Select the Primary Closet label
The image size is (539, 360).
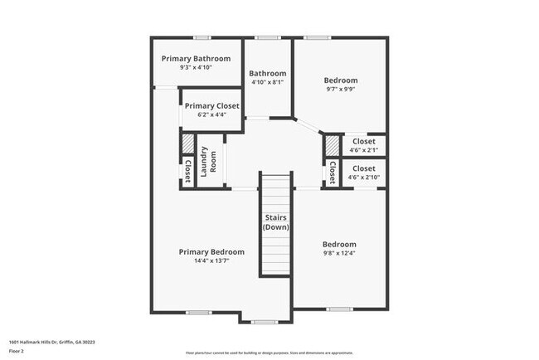tap(211, 106)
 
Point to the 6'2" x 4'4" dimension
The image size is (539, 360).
tap(211, 115)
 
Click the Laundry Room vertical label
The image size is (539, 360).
tap(207, 158)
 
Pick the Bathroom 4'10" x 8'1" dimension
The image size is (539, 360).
tap(268, 82)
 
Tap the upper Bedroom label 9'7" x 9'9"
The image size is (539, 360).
tap(340, 80)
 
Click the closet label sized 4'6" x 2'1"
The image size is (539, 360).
tap(364, 142)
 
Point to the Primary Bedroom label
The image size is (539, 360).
tap(211, 251)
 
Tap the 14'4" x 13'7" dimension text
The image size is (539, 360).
tap(211, 260)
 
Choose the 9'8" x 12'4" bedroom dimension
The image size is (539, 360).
tap(339, 253)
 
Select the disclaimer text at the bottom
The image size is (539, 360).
tap(269, 352)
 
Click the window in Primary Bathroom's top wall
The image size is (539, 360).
tap(202, 37)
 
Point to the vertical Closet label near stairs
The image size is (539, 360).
tap(332, 173)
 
